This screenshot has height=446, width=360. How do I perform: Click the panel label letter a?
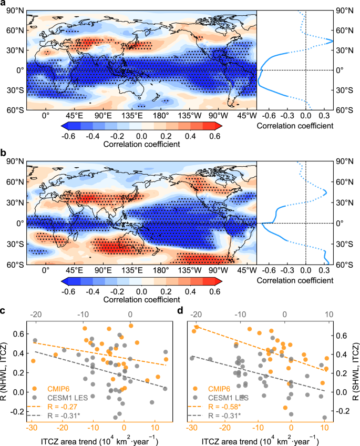pos(4,4)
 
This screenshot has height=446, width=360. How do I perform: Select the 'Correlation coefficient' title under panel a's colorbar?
pos(142,144)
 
